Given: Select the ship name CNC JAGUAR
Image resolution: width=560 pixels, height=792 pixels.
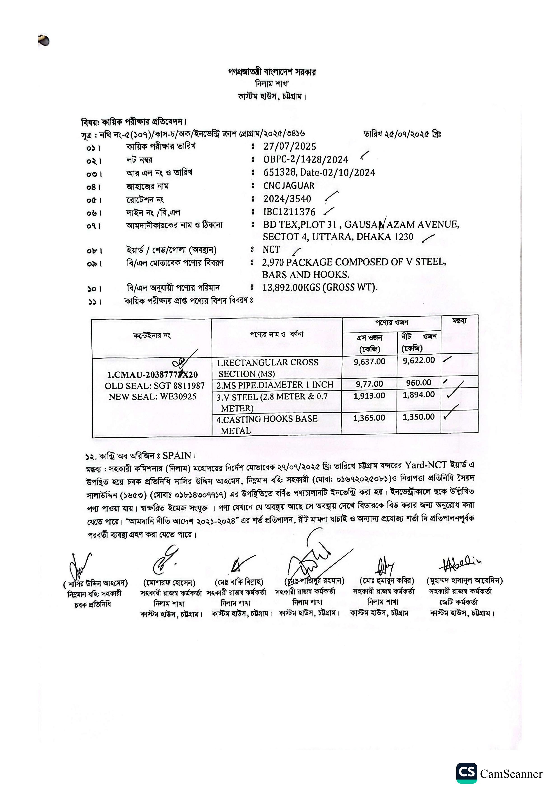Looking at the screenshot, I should pyautogui.click(x=288, y=186).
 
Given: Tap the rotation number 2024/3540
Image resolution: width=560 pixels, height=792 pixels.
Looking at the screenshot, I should pyautogui.click(x=287, y=199).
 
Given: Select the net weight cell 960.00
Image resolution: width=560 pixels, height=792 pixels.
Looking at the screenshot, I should pyautogui.click(x=419, y=383).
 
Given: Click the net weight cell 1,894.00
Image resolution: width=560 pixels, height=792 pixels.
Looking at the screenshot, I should pyautogui.click(x=419, y=395).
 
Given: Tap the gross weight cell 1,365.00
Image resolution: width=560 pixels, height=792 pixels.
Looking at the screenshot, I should pyautogui.click(x=369, y=418).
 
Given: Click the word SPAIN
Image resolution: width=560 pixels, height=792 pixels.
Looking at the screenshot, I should pyautogui.click(x=177, y=456).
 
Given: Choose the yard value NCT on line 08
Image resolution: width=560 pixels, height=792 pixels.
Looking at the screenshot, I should pyautogui.click(x=271, y=249).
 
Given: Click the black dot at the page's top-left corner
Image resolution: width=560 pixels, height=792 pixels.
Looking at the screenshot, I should pyautogui.click(x=44, y=40).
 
